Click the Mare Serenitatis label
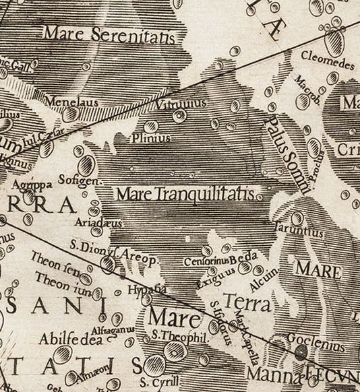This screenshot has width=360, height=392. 109,34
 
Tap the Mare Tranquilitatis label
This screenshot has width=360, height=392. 185,195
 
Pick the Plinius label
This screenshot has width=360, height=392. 151,137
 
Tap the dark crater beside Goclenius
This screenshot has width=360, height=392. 301,350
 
